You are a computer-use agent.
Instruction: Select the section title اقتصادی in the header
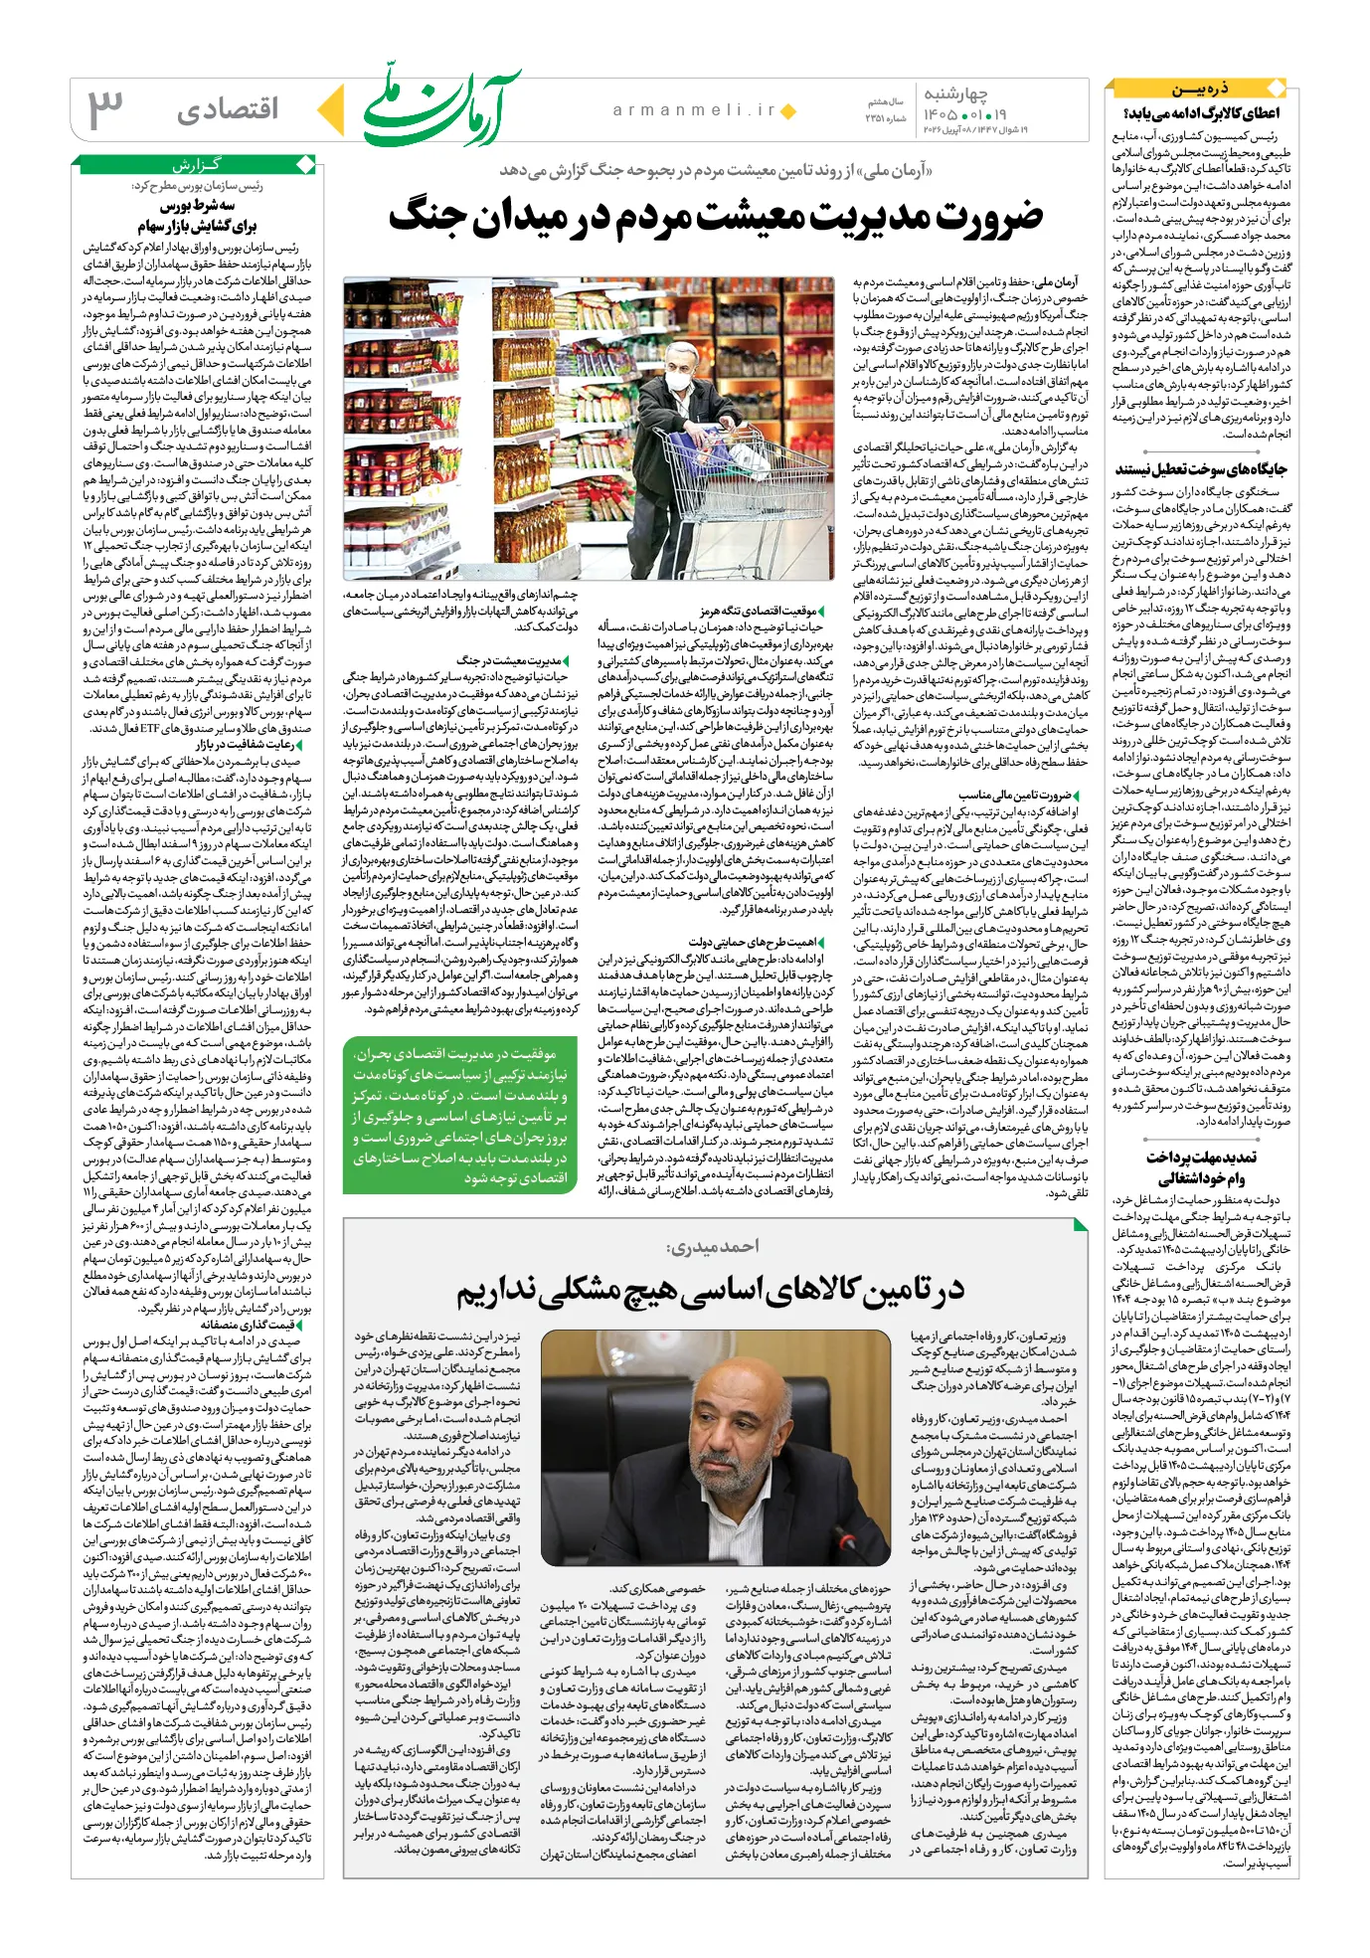228,109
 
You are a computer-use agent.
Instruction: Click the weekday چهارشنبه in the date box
955,93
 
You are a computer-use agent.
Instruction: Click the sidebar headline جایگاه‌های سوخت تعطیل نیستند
1201,469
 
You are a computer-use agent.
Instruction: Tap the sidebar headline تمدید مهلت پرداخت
1201,1157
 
